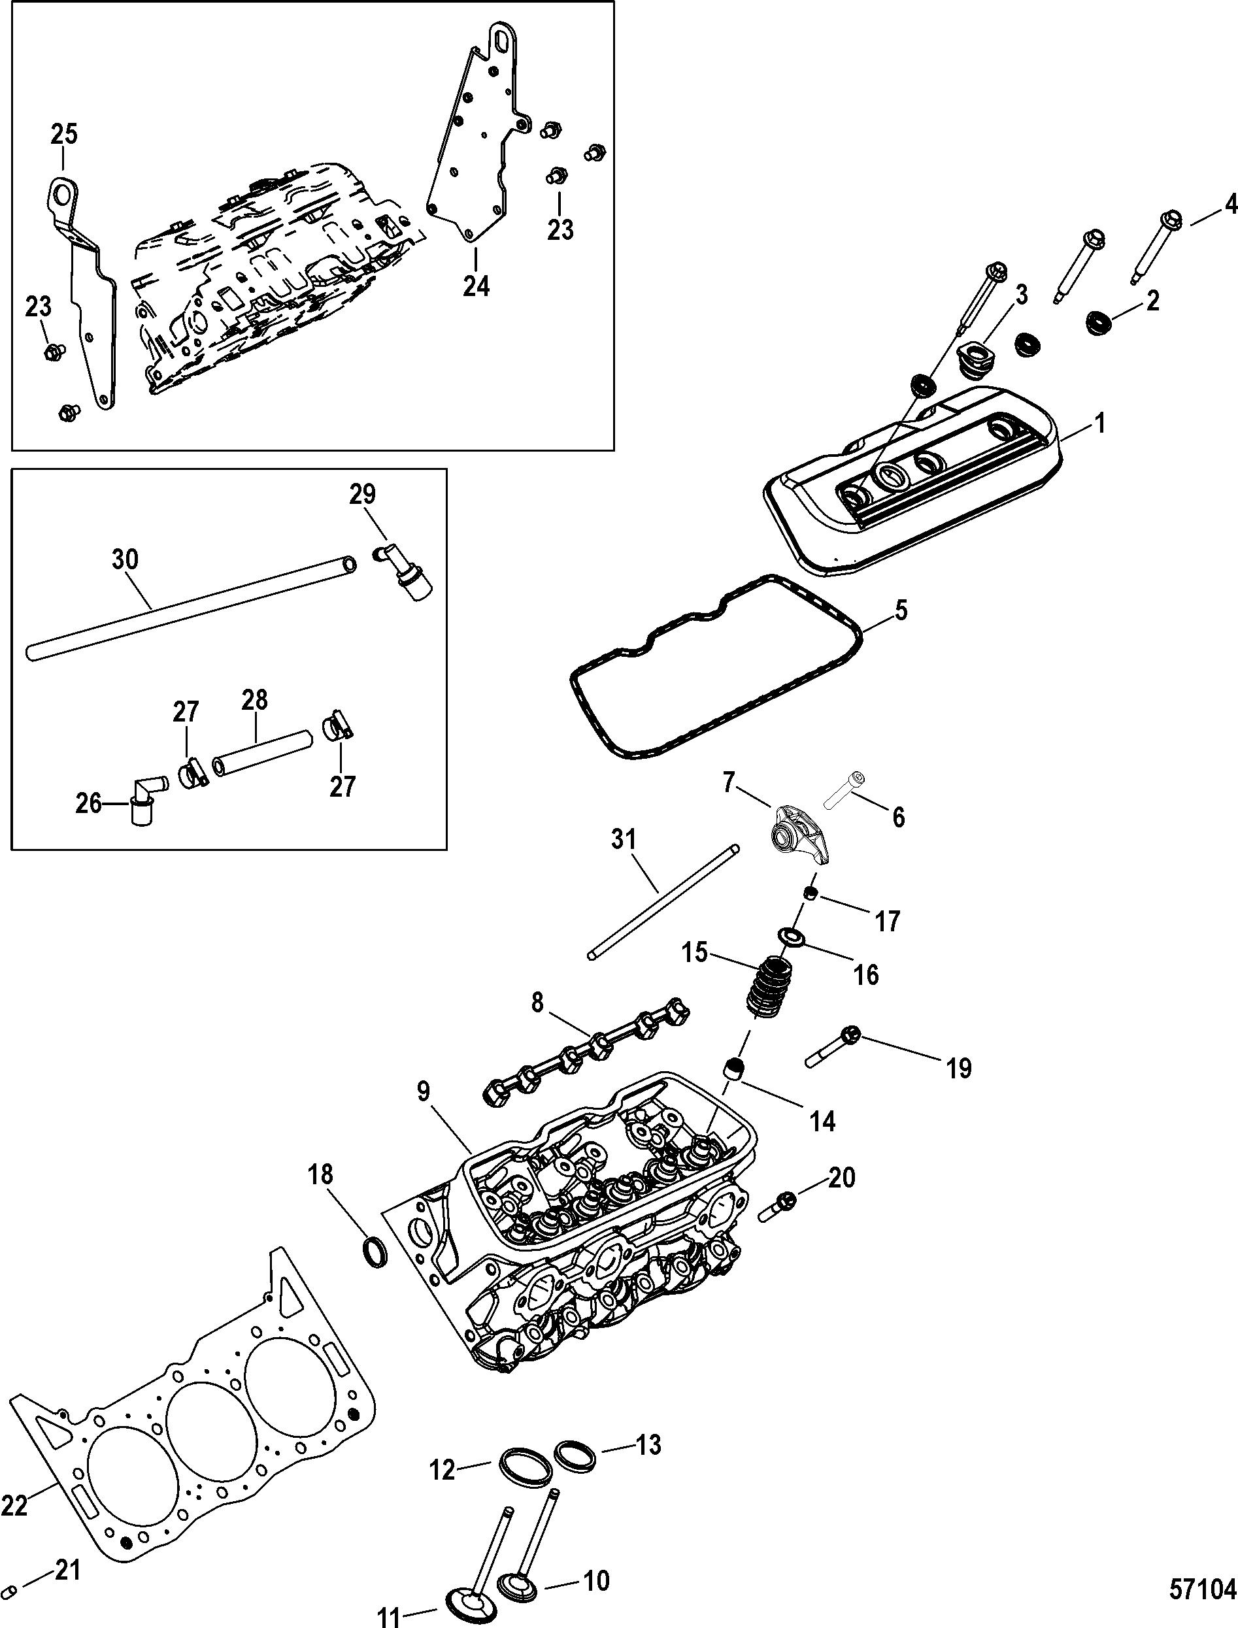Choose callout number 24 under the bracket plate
click(x=476, y=284)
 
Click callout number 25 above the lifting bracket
click(x=63, y=135)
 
